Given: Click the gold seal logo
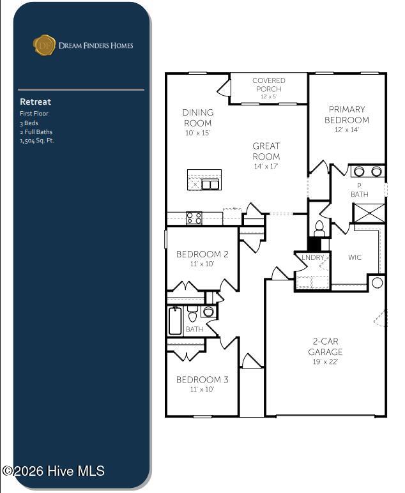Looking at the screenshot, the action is pos(44,45).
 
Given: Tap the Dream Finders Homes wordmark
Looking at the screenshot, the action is pos(96,45).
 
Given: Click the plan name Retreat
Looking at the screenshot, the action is pos(35,102).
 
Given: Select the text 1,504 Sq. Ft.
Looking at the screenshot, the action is pos(37,140).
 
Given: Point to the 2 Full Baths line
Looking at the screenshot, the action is pos(36,132).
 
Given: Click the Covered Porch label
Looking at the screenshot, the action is pos(269,85).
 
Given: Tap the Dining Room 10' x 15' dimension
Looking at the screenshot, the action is pos(197,133).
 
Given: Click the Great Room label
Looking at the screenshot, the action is pos(266,151).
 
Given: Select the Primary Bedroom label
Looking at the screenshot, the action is pos(347,115).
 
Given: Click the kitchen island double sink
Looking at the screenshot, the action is pos(210,185).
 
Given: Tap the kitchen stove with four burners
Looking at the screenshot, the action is pos(194,218).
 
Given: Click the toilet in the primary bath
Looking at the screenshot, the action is pos(319,228).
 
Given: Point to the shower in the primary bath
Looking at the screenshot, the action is pos(369,213).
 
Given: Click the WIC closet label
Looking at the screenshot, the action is pos(355,257).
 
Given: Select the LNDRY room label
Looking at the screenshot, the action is pos(312,257).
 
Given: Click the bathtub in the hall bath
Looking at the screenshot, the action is pos(175,321).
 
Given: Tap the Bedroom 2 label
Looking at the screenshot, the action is pos(202,254).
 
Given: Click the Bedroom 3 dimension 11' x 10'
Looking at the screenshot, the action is pos(202,390).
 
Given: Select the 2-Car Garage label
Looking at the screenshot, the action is pos(325,347).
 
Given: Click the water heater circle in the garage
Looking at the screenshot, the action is pos(378,282).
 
